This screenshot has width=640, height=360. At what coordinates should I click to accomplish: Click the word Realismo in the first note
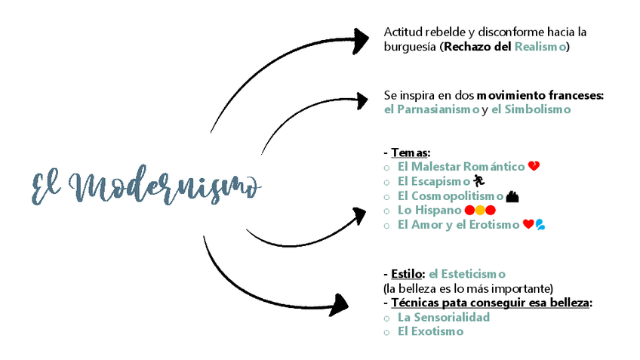(x=540, y=47)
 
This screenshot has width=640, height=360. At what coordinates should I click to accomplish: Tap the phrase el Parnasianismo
(x=431, y=109)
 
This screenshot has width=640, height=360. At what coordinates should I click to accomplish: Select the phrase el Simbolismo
(x=531, y=109)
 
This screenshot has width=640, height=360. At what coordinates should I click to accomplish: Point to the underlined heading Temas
(x=410, y=152)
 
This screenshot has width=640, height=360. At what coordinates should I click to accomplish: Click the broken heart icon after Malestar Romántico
(x=534, y=166)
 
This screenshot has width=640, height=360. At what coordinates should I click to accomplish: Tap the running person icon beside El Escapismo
(x=478, y=181)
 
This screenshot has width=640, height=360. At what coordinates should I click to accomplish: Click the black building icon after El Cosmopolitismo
(x=512, y=196)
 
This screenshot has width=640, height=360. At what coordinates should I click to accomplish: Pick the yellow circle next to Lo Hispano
(x=479, y=210)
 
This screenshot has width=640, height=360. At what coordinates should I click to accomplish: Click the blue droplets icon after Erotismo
(x=540, y=224)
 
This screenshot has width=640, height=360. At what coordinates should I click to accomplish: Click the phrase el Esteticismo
(x=467, y=273)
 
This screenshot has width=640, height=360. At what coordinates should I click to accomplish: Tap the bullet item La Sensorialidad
(x=444, y=317)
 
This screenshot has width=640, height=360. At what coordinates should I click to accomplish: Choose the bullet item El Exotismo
(x=430, y=331)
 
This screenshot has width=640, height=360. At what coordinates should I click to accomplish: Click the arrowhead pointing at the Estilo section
(x=340, y=304)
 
